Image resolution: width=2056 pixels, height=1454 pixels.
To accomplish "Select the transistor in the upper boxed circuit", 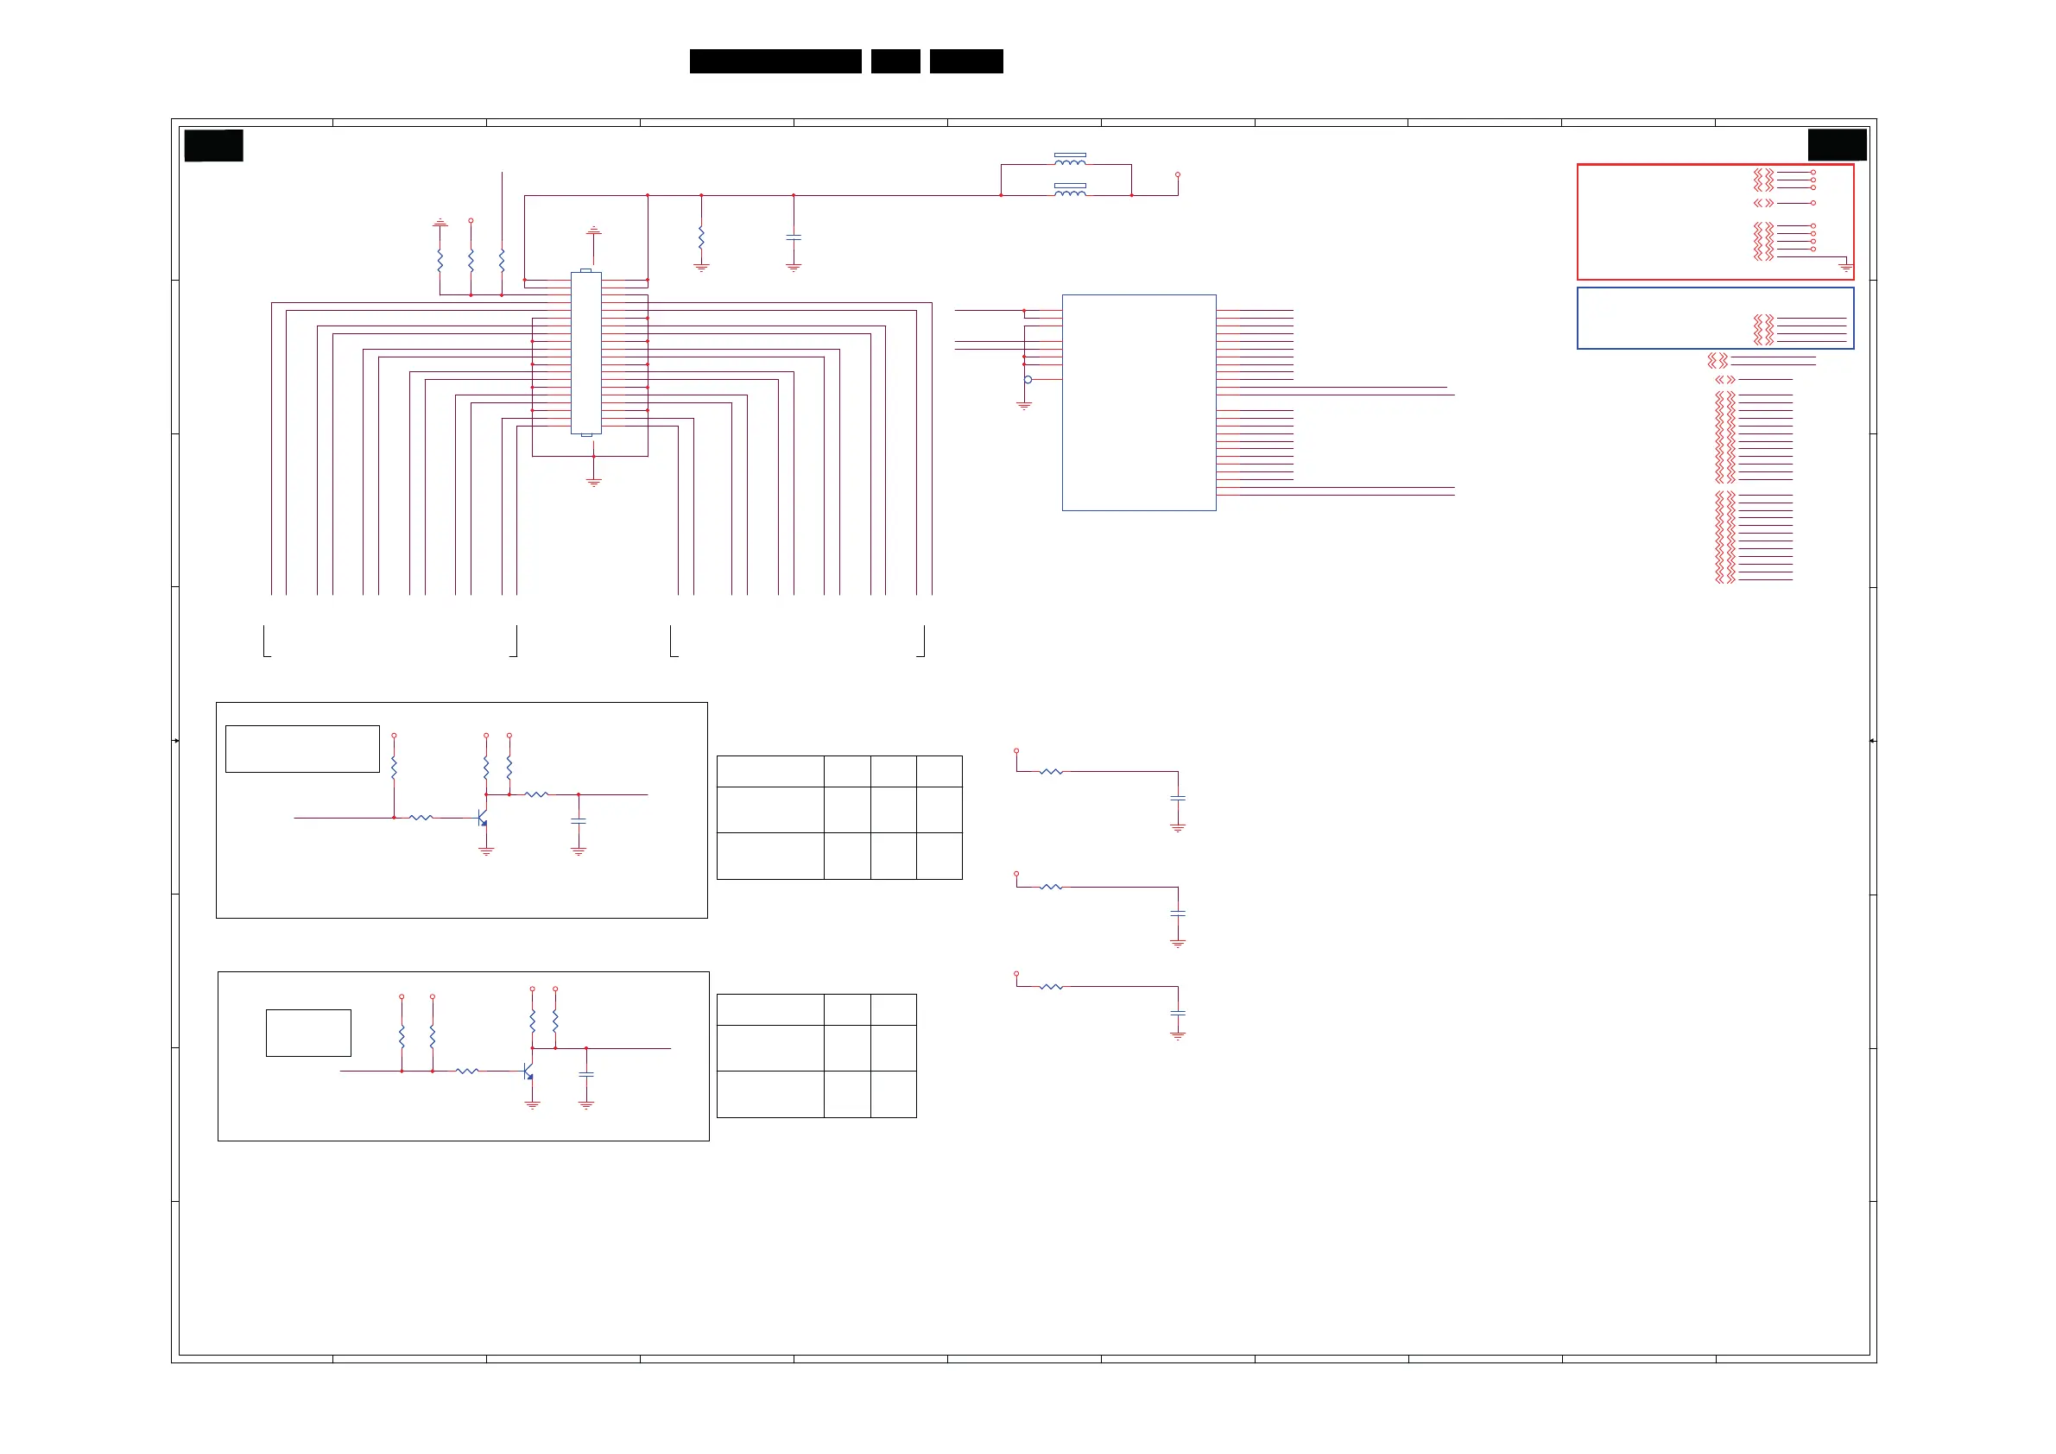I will pyautogui.click(x=482, y=819).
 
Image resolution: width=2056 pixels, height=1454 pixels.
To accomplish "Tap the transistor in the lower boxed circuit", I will pyautogui.click(x=528, y=1072).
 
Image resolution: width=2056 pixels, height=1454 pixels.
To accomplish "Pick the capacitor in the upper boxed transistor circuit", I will pyautogui.click(x=579, y=821).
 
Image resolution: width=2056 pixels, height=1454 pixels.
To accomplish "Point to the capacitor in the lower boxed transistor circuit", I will pyautogui.click(x=586, y=1074).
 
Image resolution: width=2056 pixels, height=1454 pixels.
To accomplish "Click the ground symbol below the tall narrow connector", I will pyautogui.click(x=593, y=483).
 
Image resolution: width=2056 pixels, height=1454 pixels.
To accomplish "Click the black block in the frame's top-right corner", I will pyautogui.click(x=1837, y=145).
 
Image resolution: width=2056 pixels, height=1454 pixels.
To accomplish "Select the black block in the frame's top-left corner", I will pyautogui.click(x=213, y=145).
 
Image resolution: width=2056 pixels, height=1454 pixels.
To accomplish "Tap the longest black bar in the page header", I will pyautogui.click(x=775, y=61).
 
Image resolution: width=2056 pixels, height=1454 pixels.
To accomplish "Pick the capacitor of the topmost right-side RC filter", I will pyautogui.click(x=1178, y=798).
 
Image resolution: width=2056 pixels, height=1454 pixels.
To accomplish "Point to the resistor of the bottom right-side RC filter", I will pyautogui.click(x=1051, y=987).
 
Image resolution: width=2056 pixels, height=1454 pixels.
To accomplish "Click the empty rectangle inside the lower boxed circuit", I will pyautogui.click(x=308, y=1034).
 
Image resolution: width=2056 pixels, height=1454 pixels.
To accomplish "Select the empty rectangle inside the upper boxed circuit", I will pyautogui.click(x=303, y=749).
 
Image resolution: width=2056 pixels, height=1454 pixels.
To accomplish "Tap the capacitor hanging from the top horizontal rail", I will pyautogui.click(x=794, y=237).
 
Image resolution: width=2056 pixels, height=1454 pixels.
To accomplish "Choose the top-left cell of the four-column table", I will pyautogui.click(x=770, y=772).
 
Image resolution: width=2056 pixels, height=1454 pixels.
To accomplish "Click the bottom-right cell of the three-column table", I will pyautogui.click(x=893, y=1094).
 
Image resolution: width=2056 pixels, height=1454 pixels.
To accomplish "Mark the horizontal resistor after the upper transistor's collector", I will pyautogui.click(x=536, y=794).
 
